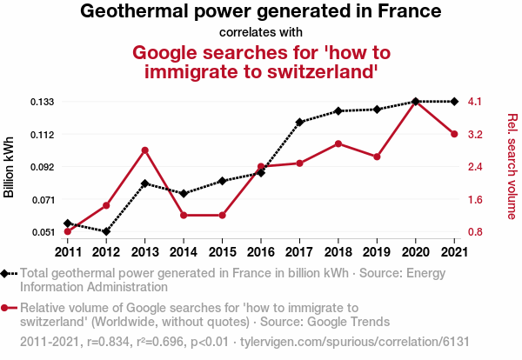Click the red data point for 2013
click(145, 150)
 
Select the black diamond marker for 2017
click(299, 122)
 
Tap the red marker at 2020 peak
click(415, 103)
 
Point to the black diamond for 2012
click(106, 231)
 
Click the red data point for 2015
click(222, 215)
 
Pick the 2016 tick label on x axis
click(261, 251)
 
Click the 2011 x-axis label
click(68, 251)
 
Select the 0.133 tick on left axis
click(43, 102)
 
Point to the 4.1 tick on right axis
click(475, 102)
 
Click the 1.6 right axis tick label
click(475, 199)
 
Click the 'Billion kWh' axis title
click(10, 167)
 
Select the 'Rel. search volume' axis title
click(512, 166)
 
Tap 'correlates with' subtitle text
click(260, 33)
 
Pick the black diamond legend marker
click(7, 273)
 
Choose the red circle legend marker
click(7, 307)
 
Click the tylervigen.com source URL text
click(384, 342)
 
